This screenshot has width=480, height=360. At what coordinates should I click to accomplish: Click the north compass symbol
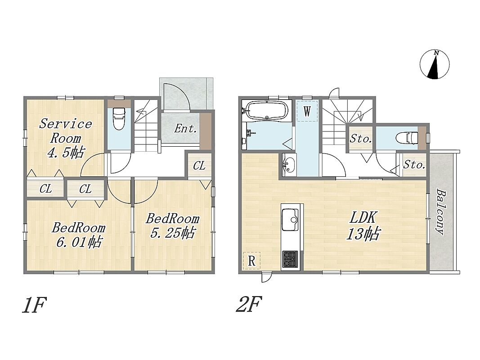coord(435,65)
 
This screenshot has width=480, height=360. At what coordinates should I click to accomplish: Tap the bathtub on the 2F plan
coord(267,110)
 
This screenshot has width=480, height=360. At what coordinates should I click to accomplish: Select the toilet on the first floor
coord(119,118)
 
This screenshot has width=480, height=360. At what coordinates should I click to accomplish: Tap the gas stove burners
coord(290,259)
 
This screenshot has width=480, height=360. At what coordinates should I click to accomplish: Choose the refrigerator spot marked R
coord(251,261)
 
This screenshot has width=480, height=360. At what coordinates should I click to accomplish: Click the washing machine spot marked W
coord(307,112)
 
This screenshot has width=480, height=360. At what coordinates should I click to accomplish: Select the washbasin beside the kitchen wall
coord(289,165)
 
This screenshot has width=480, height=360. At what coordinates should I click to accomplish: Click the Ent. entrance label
coord(185,129)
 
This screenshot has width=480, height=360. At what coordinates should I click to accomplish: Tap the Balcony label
coord(440,212)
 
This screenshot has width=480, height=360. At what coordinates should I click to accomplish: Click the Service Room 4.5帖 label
coord(66,138)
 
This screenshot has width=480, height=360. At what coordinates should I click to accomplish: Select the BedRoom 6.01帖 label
coord(79,235)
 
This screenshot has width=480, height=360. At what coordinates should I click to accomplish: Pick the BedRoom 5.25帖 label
coord(172,225)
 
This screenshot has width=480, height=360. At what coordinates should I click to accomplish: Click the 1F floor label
coord(34,305)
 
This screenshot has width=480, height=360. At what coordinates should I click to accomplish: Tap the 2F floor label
coord(249,304)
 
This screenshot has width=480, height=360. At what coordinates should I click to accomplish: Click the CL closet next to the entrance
coord(199,166)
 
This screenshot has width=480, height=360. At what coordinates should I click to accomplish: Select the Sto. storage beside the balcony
coord(414,165)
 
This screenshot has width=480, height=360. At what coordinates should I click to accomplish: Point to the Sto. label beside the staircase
coord(361,139)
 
